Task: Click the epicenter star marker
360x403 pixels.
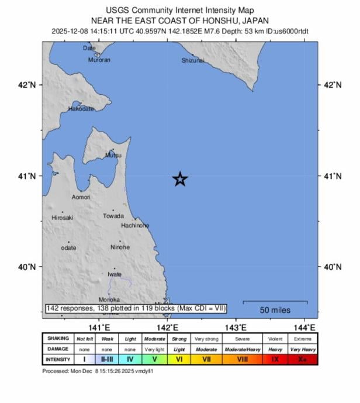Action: [180, 179]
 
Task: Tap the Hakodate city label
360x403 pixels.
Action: [81, 109]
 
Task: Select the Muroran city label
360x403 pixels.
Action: [99, 60]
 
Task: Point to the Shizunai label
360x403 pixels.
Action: [192, 60]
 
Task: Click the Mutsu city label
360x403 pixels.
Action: [113, 155]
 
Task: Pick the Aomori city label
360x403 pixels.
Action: [81, 197]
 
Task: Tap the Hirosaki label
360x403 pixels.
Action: [63, 218]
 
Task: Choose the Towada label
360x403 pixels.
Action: [113, 216]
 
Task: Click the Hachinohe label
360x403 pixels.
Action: [135, 225]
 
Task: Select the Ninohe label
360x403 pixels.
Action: [120, 247]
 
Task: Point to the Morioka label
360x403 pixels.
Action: [109, 299]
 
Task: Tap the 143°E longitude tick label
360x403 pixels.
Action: [236, 327]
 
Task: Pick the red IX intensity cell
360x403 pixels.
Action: [275, 359]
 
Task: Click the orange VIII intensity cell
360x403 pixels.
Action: [242, 359]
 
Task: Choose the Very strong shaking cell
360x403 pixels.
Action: [206, 339]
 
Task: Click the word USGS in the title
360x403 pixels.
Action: [118, 11]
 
